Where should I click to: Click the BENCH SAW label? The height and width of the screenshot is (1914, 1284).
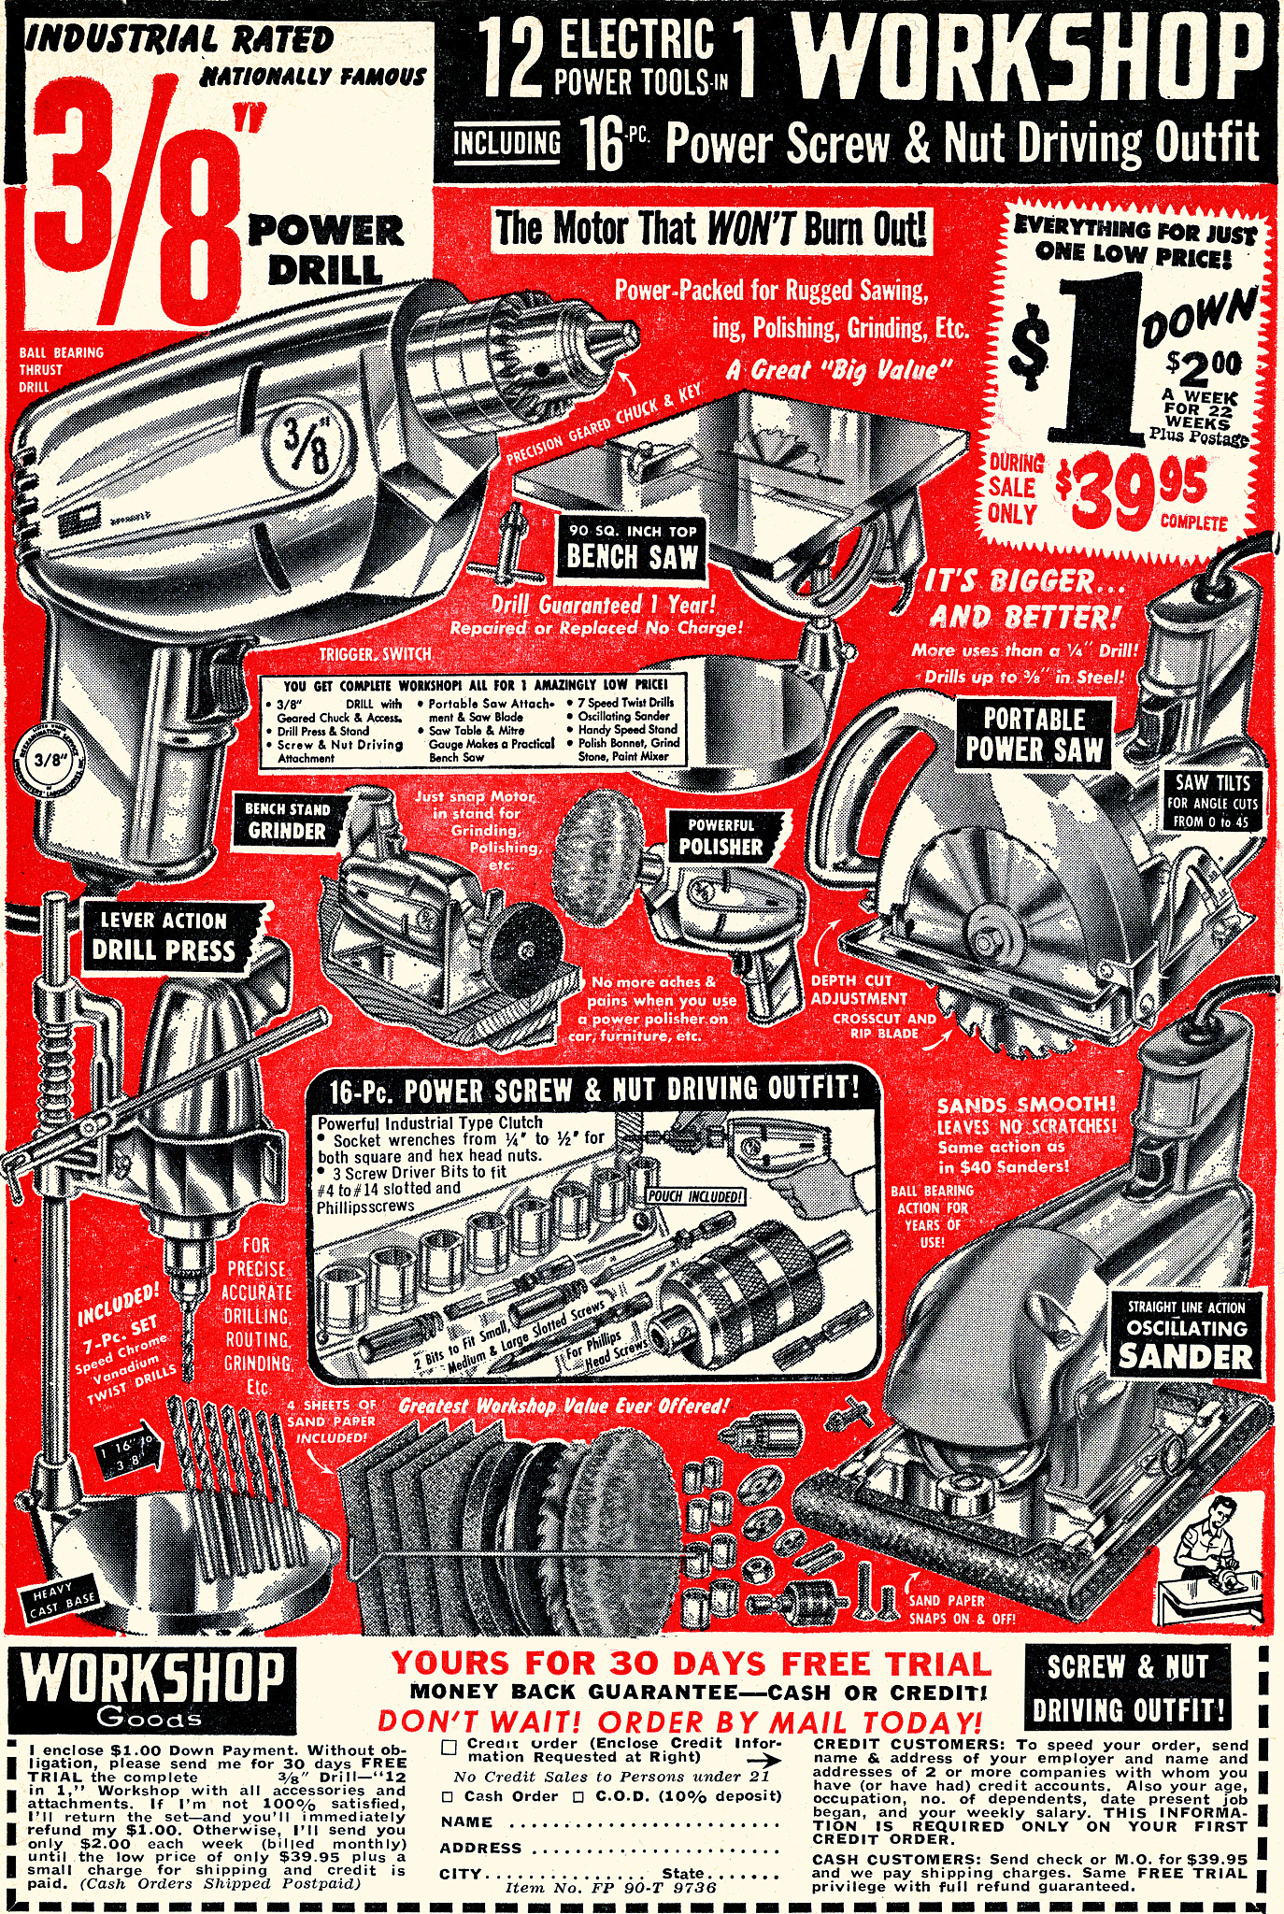pyautogui.click(x=632, y=549)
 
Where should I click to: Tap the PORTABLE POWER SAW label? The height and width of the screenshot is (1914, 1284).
pyautogui.click(x=1034, y=735)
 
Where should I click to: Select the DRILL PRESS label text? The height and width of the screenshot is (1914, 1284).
pyautogui.click(x=164, y=938)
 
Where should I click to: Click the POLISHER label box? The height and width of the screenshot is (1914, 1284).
pyautogui.click(x=720, y=837)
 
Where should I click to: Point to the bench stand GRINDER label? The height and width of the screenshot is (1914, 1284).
pyautogui.click(x=286, y=821)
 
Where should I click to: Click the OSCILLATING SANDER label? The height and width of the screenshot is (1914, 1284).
pyautogui.click(x=1185, y=1334)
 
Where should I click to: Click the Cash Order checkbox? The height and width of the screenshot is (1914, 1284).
pyautogui.click(x=447, y=1796)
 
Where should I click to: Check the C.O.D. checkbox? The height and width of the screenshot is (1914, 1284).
pyautogui.click(x=578, y=1796)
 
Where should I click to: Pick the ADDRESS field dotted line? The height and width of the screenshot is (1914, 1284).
pyautogui.click(x=654, y=1849)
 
